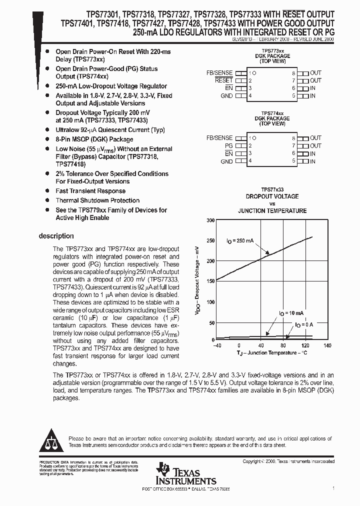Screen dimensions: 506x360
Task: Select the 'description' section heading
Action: coord(56,236)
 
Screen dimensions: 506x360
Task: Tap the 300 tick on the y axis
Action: coord(210,220)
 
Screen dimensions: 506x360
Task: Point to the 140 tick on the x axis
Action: coord(327,346)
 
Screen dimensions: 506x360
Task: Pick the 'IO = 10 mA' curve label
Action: coord(291,313)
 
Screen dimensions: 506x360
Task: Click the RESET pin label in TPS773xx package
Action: coord(223,80)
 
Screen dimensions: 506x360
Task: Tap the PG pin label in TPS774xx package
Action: coord(228,145)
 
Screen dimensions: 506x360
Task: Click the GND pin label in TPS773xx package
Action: coord(226,95)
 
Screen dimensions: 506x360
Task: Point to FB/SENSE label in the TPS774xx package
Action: coord(219,138)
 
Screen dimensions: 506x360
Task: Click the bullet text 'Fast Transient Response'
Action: coord(90,191)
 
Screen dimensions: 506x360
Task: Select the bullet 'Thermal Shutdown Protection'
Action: coord(97,200)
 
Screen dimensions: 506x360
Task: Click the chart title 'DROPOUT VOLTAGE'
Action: coord(272,196)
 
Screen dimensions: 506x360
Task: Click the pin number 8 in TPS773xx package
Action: coord(294,73)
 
